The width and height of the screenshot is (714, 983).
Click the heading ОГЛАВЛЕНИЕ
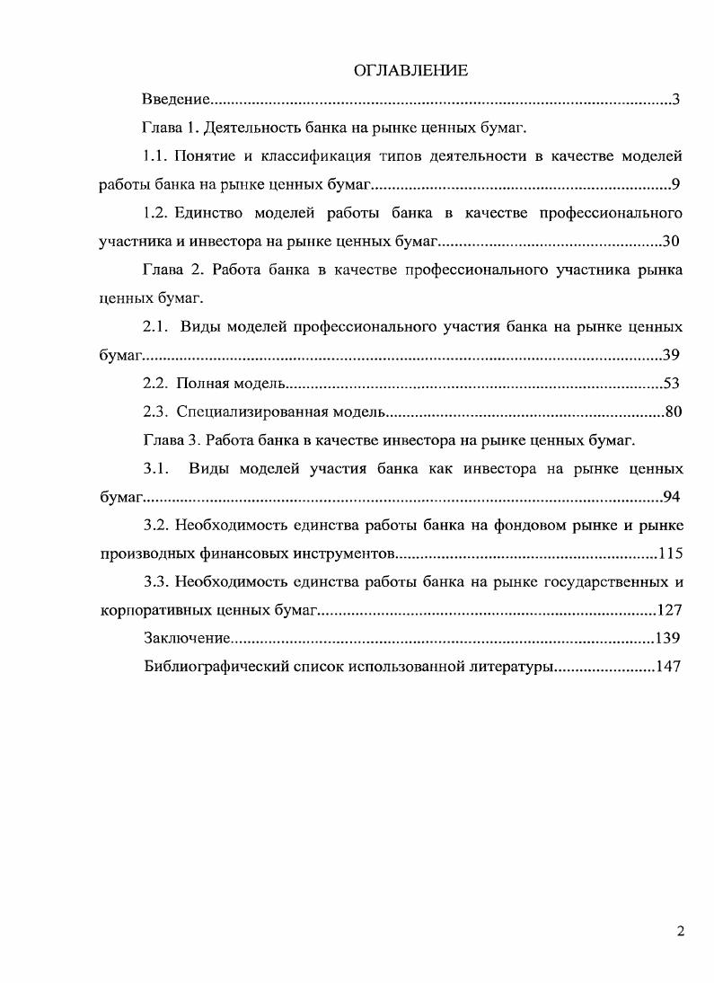pos(411,71)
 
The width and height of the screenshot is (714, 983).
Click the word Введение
pos(177,99)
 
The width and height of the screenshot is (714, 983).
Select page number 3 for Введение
pos(675,99)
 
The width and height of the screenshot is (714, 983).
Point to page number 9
pos(675,185)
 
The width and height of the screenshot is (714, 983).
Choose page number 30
pos(671,242)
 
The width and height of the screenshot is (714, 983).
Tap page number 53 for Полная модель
pos(671,384)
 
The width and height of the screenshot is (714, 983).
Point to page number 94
pos(671,497)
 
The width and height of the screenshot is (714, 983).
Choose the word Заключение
pos(185,639)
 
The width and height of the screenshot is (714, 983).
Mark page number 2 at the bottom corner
pos(681,931)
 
